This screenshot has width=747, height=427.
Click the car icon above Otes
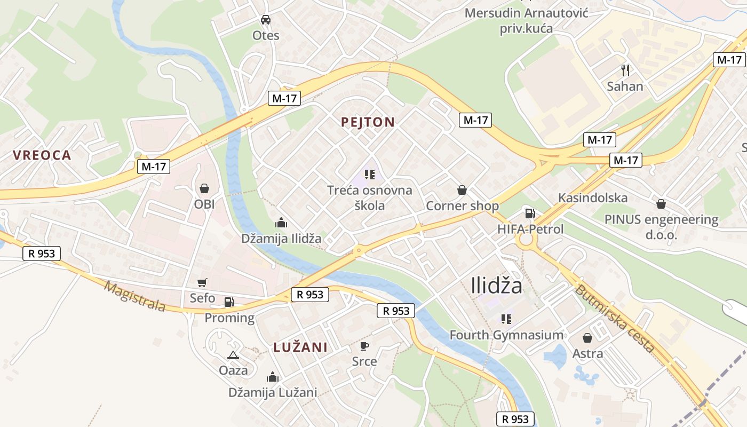coord(266,20)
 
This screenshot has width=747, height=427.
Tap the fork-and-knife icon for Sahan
coord(625,70)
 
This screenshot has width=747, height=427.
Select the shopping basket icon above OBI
coord(204,188)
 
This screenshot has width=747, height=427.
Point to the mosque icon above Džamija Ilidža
coord(281,223)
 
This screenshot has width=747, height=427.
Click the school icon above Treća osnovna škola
coord(369,174)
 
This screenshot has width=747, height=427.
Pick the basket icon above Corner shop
coord(462,190)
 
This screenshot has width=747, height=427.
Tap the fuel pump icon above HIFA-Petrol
coord(530,213)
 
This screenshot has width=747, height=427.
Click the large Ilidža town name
coord(497,286)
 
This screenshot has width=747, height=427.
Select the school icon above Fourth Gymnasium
coord(506,319)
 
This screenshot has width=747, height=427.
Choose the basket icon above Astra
coord(587,337)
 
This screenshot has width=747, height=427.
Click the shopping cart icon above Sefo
coord(202,282)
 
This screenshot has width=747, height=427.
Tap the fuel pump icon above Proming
coord(229,302)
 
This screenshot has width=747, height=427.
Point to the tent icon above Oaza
coord(233,355)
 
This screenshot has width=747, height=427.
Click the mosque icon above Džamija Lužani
coord(273,377)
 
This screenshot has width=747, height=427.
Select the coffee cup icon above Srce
coord(364,346)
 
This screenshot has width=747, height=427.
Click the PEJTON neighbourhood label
coord(368,122)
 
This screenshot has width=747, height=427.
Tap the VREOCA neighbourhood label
coord(42,155)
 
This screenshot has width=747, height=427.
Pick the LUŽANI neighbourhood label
coord(300,347)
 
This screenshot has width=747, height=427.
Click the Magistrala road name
coord(134,297)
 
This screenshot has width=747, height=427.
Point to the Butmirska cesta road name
coord(614,319)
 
